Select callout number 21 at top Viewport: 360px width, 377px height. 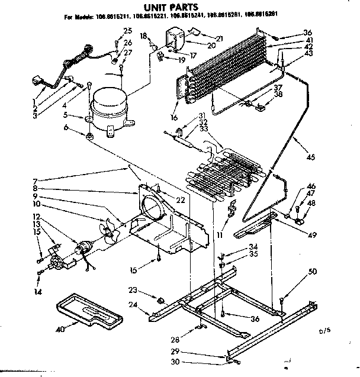(203, 38)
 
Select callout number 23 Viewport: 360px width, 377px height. (132, 290)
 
